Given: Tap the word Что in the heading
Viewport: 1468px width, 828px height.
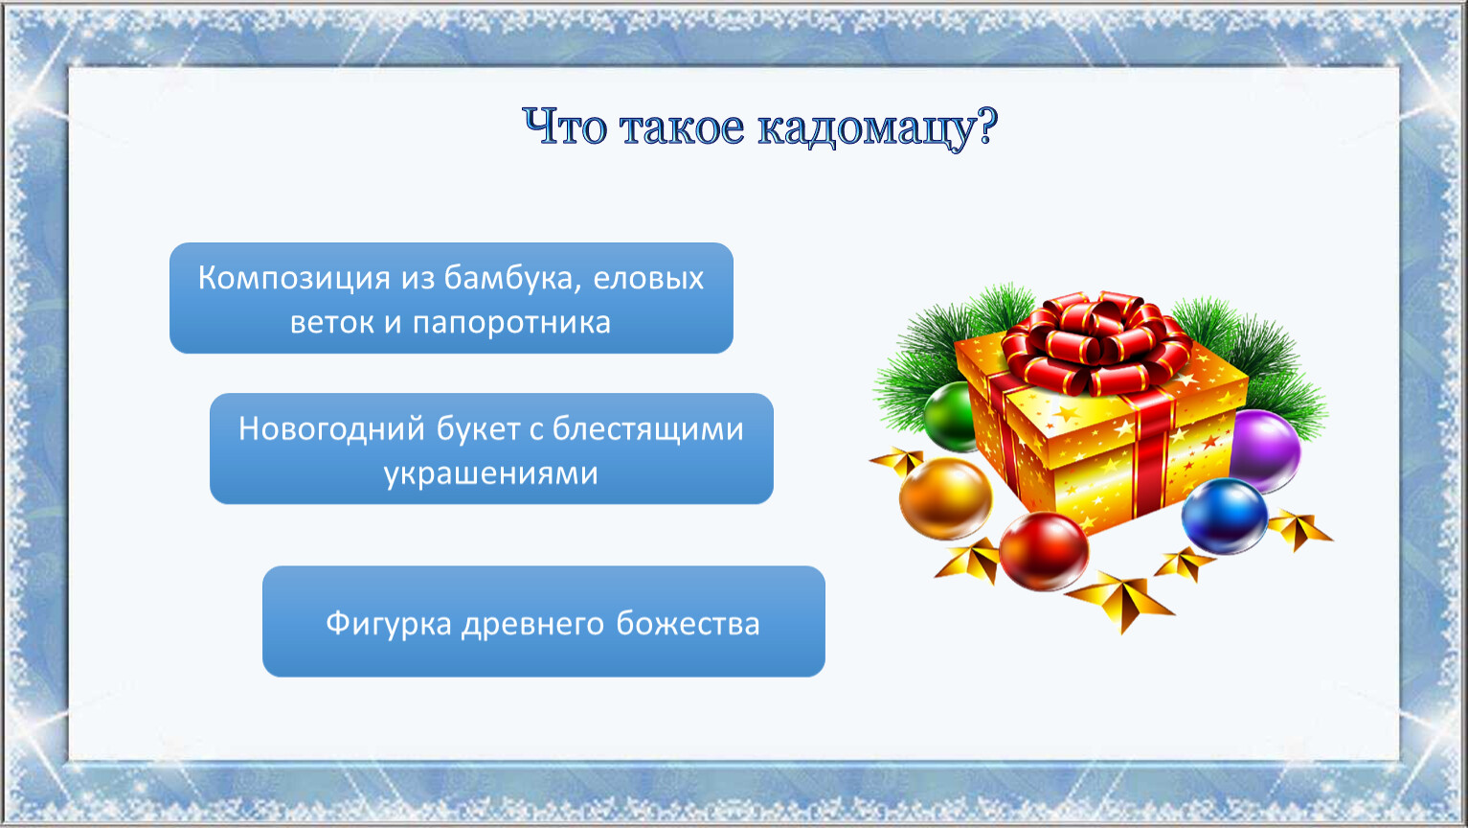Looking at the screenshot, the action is [x=564, y=126].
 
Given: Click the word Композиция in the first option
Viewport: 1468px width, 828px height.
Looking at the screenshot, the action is [x=294, y=279].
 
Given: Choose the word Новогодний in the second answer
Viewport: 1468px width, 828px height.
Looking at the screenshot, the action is [x=331, y=429].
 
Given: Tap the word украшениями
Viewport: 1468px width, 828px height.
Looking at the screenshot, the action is [x=491, y=473].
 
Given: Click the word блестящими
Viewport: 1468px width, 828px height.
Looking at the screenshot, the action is [x=647, y=429].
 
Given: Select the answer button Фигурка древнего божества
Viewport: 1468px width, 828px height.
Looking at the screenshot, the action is [x=543, y=621].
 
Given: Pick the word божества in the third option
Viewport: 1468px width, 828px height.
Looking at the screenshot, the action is [x=688, y=624].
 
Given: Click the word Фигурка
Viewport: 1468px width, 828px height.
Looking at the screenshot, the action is [x=389, y=623].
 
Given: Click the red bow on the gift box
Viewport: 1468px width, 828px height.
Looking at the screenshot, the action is [x=1096, y=343].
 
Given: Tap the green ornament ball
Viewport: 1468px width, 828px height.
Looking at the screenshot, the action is [x=950, y=417].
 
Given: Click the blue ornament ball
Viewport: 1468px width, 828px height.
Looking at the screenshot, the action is [x=1224, y=516].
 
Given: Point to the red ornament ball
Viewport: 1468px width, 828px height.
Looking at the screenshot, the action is [x=1044, y=551].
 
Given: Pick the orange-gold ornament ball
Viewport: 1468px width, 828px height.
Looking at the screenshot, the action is [x=945, y=498].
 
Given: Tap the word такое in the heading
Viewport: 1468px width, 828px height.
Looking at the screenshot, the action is [x=682, y=128].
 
